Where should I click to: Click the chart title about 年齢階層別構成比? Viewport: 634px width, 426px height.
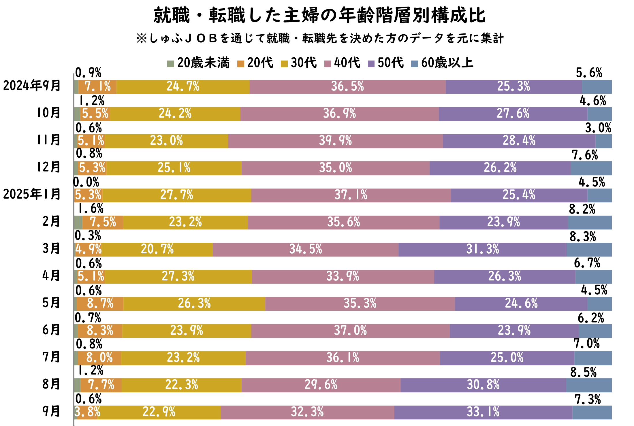[x=319, y=16]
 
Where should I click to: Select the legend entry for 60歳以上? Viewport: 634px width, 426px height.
[x=443, y=63]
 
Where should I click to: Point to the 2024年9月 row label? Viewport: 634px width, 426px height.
[x=32, y=86]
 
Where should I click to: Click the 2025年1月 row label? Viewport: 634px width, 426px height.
[x=32, y=195]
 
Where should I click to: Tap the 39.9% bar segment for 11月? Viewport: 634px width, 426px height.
[x=335, y=141]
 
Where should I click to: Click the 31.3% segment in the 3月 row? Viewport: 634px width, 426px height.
[x=482, y=249]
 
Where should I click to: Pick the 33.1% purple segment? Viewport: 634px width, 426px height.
[x=483, y=412]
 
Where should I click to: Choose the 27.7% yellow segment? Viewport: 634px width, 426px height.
[x=176, y=195]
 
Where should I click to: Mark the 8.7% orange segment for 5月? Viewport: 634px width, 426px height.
[x=100, y=304]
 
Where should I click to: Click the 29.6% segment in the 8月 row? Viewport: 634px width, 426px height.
[x=321, y=385]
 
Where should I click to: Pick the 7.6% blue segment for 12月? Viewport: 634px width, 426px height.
[x=591, y=168]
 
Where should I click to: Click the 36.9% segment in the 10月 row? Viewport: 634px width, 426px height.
[x=339, y=114]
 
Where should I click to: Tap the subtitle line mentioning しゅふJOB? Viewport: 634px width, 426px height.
[x=319, y=39]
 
